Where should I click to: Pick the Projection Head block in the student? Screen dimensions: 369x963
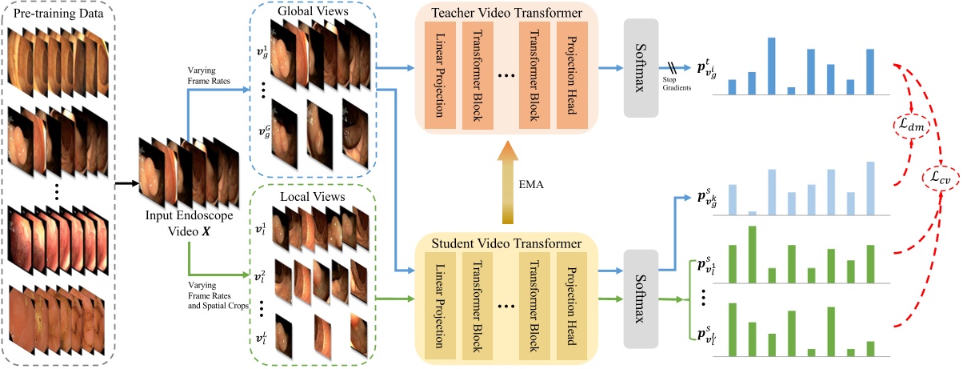point(571,303)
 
